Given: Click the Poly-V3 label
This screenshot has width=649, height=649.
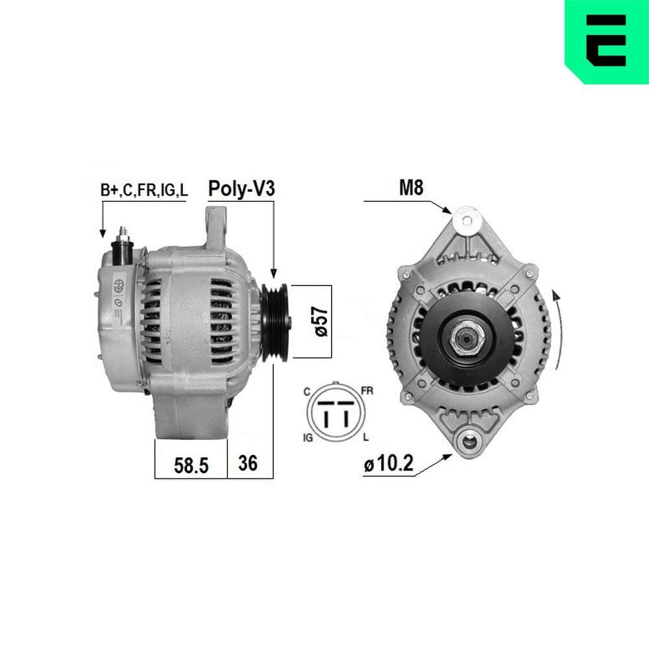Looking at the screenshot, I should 241,189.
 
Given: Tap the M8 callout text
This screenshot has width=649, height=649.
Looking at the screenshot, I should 410,188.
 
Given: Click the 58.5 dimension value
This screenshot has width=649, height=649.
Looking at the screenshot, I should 193,464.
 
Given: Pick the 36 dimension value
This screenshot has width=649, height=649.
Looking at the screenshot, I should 248,463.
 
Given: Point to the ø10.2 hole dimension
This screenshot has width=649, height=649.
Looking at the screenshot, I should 389,465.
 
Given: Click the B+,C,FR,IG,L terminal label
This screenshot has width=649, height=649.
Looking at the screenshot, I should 143,190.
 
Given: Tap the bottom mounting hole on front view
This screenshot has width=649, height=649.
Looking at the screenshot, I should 467,443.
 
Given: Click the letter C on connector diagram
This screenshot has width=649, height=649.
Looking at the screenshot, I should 306,392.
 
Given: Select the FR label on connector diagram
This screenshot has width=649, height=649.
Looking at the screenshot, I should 367,391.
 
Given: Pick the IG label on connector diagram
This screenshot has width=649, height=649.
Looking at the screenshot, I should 308,438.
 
